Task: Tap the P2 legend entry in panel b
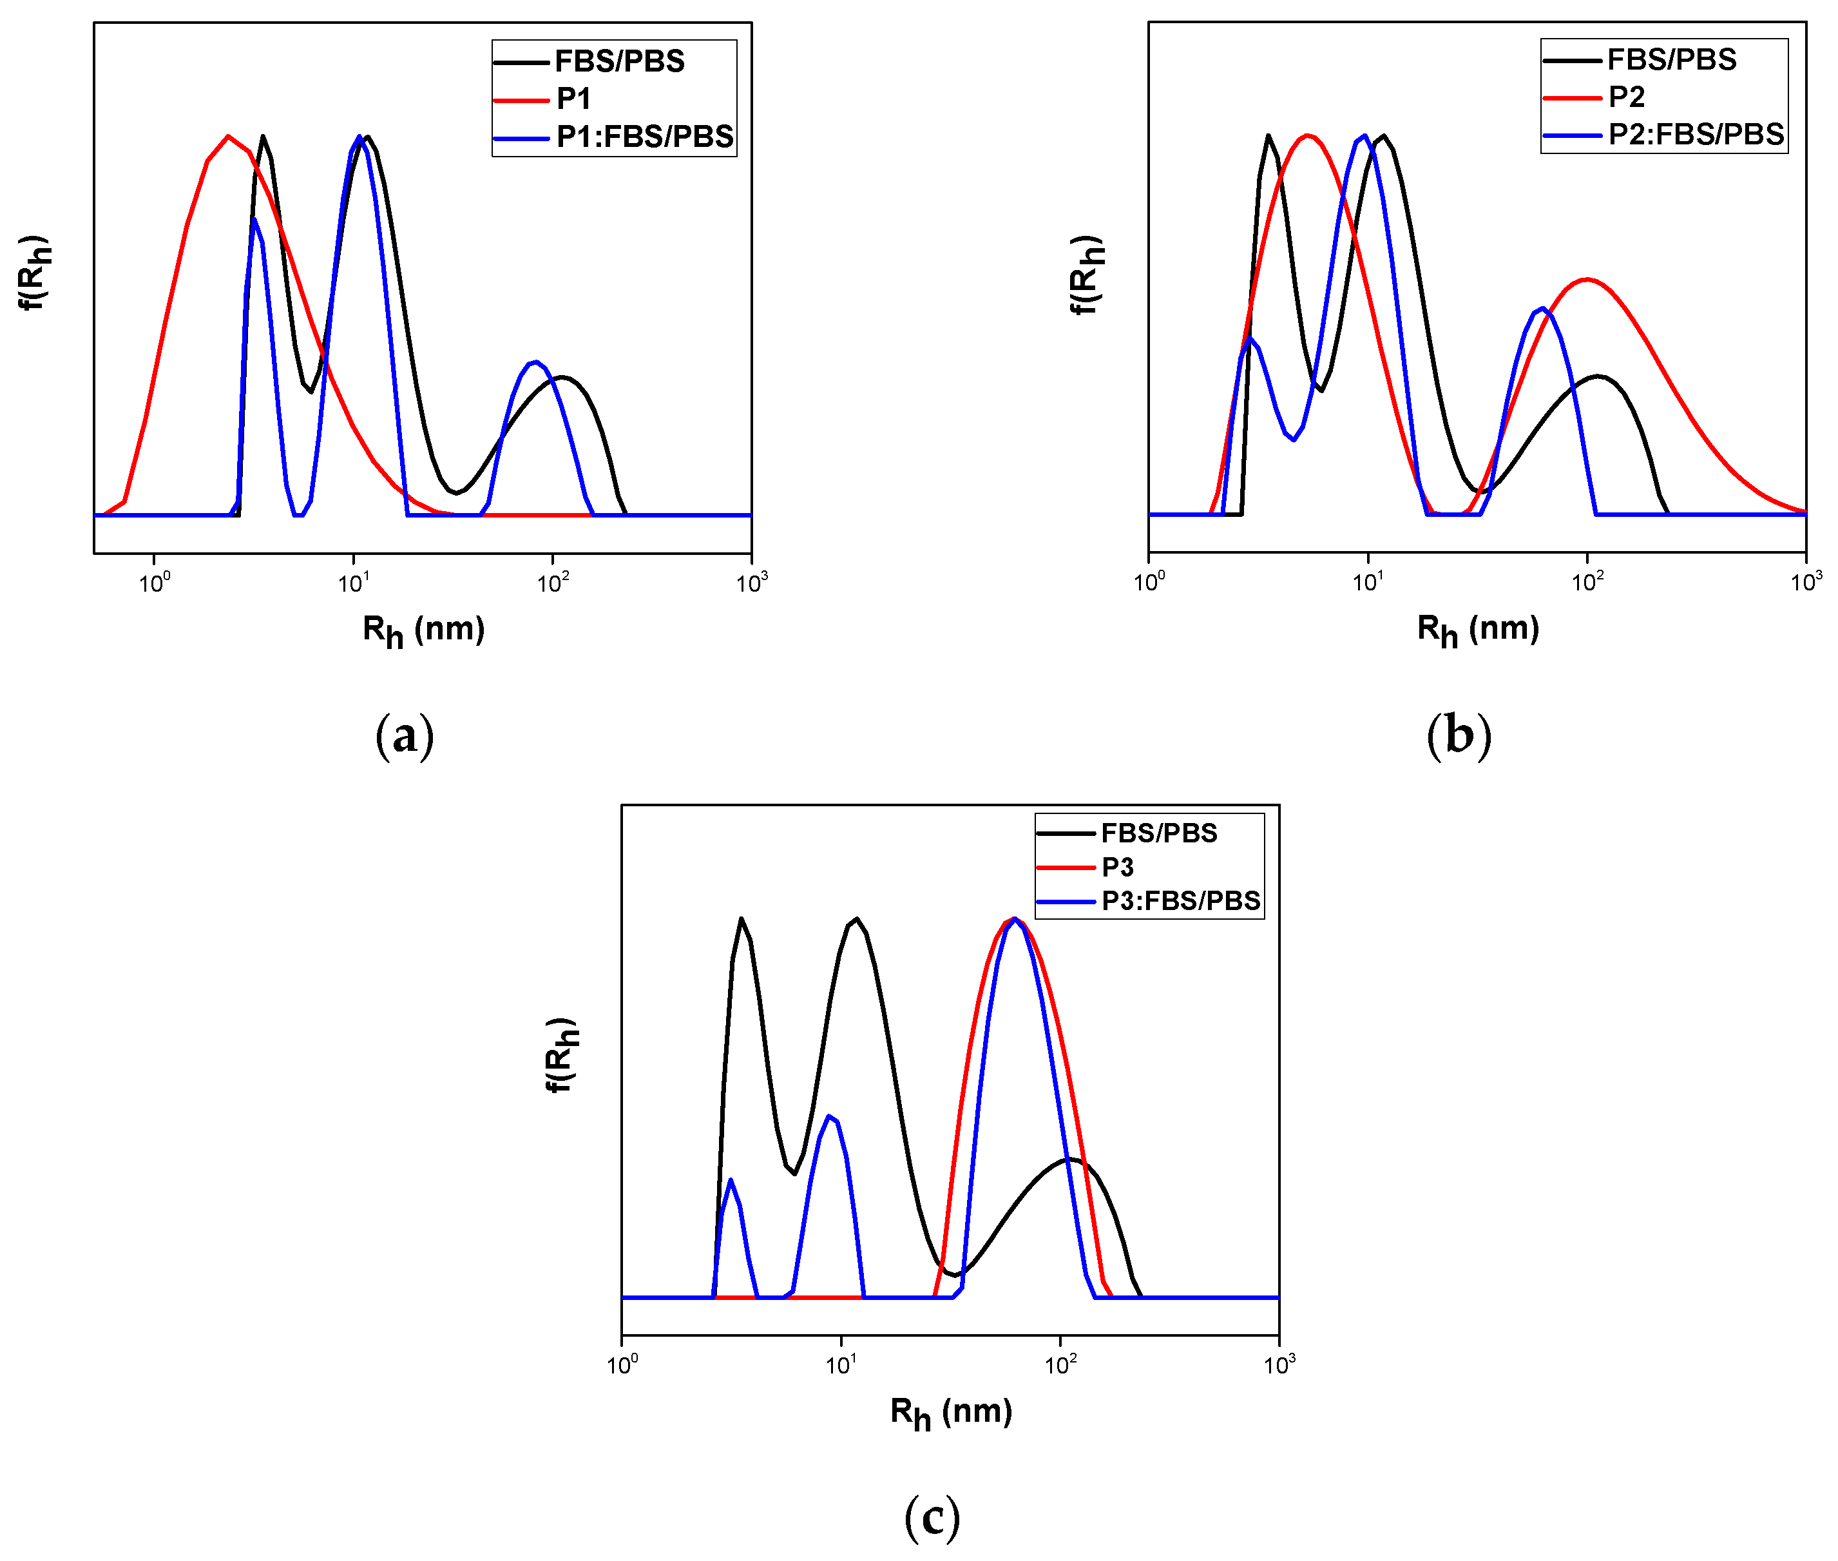(1625, 97)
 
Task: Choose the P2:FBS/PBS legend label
(1696, 135)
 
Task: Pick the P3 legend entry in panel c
(1117, 868)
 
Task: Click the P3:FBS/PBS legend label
(1180, 901)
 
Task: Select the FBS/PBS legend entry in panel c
(1159, 833)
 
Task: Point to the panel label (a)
(404, 736)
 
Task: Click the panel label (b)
(1459, 736)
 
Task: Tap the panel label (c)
(932, 1518)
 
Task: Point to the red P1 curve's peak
(228, 136)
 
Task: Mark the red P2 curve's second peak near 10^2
(1587, 280)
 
